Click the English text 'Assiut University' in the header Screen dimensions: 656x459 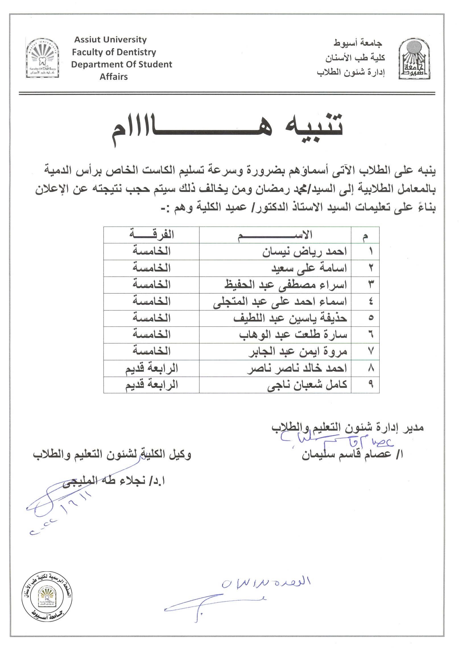110,40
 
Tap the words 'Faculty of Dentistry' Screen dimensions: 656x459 114,52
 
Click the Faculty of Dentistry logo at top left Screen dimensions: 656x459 42,58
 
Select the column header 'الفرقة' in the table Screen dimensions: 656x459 152,235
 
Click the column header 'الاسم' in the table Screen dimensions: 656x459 275,235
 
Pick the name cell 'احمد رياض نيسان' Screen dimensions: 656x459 304,252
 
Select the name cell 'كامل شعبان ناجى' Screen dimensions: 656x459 307,385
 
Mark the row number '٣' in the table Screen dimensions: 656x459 370,285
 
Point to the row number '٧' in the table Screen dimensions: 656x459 370,351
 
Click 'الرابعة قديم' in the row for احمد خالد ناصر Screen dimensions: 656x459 152,368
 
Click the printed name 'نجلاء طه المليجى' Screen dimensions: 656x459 114,481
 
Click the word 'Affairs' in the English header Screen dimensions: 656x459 113,76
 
